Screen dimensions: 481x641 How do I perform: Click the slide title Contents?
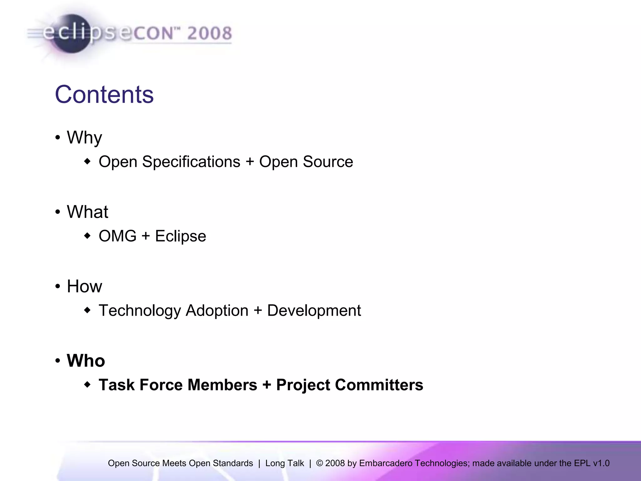104,95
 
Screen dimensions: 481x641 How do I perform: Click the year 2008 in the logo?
209,33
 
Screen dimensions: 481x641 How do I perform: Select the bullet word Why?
85,138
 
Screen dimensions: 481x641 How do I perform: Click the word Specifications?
191,162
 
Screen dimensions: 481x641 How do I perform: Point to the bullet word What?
87,212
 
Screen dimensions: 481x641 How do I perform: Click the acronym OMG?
117,236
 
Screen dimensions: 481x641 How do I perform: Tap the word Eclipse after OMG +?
181,236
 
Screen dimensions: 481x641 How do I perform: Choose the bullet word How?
85,286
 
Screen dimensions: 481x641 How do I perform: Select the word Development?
314,311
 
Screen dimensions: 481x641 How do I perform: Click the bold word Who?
86,361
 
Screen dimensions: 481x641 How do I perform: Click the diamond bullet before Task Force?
87,384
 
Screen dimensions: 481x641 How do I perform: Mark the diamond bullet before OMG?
87,235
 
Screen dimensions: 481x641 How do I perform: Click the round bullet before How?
58,286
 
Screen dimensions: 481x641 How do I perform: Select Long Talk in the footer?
285,463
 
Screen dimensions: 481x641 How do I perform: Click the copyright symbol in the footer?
319,463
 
